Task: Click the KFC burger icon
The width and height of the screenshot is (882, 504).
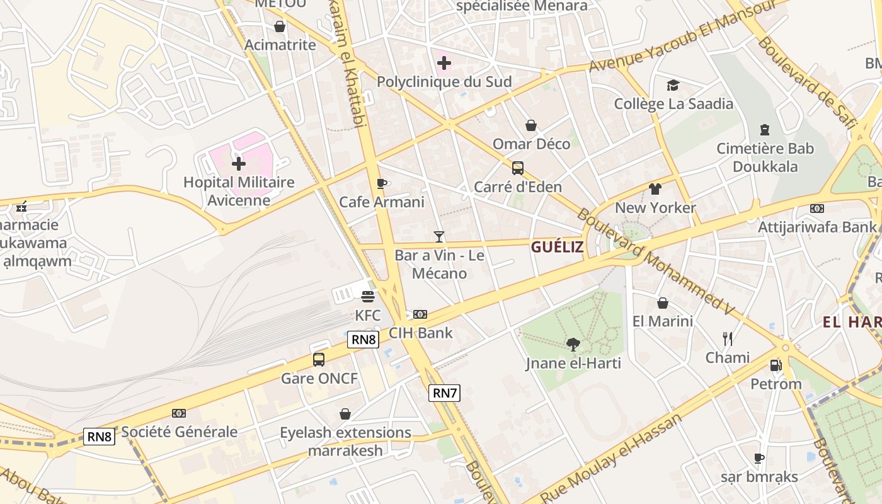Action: click(x=368, y=296)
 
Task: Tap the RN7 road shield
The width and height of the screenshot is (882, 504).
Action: click(x=445, y=393)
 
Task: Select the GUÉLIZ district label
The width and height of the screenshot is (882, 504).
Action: click(x=557, y=247)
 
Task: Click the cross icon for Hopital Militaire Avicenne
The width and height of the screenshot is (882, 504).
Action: click(x=239, y=164)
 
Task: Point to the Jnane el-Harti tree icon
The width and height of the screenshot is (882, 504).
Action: click(x=573, y=344)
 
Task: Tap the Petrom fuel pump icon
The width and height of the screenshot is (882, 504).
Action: click(x=776, y=365)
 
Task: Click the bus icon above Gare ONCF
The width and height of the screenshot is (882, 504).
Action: click(x=319, y=360)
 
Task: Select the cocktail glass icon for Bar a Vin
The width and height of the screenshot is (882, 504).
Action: click(x=439, y=237)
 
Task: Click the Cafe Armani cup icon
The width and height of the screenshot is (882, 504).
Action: click(x=381, y=183)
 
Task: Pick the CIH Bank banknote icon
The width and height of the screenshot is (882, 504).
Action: click(x=420, y=314)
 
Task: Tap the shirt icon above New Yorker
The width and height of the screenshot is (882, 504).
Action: click(x=655, y=188)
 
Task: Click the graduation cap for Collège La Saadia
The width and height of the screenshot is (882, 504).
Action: click(x=673, y=85)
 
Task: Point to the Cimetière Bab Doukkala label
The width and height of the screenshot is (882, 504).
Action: click(x=765, y=157)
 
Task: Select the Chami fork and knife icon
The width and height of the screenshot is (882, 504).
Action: click(x=728, y=339)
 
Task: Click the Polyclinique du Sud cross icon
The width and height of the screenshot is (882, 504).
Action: click(x=444, y=63)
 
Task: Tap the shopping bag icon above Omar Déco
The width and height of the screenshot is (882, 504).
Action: click(x=531, y=125)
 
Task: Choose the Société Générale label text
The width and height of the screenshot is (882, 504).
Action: click(x=179, y=432)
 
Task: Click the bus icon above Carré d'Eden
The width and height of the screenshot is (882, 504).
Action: click(x=517, y=168)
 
